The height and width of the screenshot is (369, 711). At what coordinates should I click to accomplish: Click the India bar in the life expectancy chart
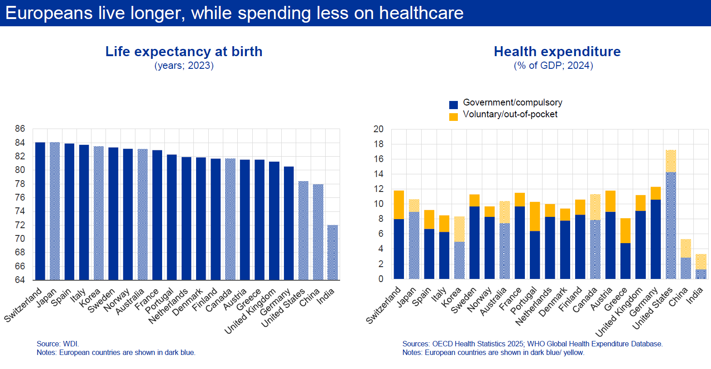click(332, 252)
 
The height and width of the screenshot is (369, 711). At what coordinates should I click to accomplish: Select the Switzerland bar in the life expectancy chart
click(40, 211)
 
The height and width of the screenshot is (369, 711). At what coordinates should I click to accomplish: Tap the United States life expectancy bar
click(303, 230)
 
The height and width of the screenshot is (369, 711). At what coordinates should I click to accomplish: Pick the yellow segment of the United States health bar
click(671, 161)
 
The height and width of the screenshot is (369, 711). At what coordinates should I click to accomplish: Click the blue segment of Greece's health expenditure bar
click(625, 261)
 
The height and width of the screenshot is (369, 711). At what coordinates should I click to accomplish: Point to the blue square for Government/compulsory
click(453, 105)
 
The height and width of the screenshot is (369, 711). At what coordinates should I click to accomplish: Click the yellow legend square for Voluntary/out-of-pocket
click(453, 117)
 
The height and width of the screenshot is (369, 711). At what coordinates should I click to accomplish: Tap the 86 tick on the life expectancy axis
click(20, 129)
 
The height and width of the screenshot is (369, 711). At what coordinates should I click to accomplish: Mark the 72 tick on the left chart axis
click(20, 225)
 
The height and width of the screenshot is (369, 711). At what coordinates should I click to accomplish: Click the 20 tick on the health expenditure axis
click(378, 129)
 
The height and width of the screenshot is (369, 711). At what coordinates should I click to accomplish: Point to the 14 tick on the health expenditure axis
click(378, 174)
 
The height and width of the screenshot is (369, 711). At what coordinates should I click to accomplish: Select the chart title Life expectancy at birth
click(184, 52)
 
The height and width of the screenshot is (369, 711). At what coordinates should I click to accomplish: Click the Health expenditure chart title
click(557, 52)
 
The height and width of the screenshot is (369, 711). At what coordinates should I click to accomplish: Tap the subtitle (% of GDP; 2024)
click(553, 66)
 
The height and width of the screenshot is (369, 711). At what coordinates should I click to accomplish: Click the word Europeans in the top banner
click(49, 13)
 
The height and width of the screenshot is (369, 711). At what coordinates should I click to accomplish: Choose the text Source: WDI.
click(58, 344)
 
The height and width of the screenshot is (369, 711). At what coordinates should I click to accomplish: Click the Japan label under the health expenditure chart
click(407, 297)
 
